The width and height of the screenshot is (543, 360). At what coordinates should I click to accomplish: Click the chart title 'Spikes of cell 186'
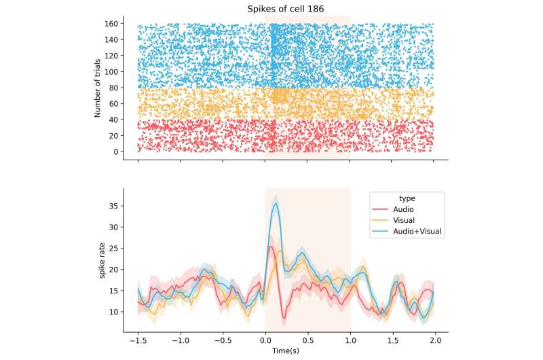(x=285, y=7)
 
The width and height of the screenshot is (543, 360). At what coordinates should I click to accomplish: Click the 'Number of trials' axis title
(x=98, y=88)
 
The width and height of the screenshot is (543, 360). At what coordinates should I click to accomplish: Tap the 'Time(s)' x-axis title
(x=285, y=351)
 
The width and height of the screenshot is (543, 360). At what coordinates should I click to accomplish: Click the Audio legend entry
(x=406, y=210)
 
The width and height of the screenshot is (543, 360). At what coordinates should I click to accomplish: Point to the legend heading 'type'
(x=407, y=198)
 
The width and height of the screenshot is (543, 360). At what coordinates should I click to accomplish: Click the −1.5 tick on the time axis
(x=137, y=341)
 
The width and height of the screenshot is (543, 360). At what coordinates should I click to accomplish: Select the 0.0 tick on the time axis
(x=265, y=341)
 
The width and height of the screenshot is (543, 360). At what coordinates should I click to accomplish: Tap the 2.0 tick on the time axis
(x=435, y=341)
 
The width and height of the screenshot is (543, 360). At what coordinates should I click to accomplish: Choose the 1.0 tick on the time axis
(x=350, y=341)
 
